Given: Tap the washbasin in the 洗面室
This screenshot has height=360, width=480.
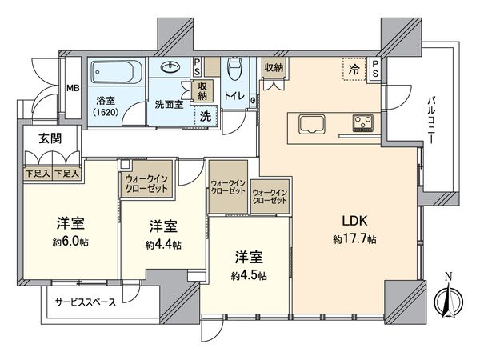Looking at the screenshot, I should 171,67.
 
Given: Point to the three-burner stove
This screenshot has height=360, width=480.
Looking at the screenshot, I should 363,123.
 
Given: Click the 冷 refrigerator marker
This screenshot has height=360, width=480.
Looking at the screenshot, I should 354,70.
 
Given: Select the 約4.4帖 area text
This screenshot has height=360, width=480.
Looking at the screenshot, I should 163,244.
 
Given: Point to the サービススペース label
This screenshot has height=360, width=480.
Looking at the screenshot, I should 86,302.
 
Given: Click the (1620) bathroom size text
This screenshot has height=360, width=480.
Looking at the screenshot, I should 107,114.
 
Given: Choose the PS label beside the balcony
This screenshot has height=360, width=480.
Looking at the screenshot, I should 375,70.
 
